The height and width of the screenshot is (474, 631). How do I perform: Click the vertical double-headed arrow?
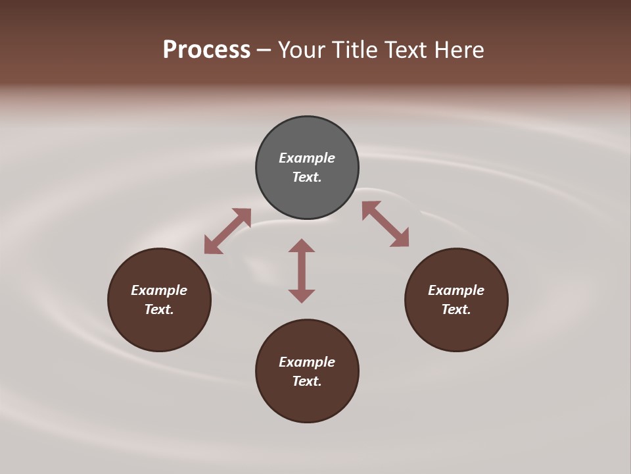coord(302,271)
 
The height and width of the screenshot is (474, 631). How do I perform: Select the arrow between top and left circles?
coord(227,231)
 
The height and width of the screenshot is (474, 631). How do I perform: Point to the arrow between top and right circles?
coord(385,224)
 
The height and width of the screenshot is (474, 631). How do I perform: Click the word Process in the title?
coord(206,49)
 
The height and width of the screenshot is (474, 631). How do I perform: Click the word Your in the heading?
coord(302,49)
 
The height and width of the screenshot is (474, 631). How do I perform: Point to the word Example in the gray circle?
coord(307,158)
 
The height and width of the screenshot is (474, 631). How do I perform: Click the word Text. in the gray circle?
coord(307,177)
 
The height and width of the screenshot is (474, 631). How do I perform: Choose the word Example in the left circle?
coord(159,290)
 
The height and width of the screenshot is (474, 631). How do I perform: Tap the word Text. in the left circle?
coord(159,309)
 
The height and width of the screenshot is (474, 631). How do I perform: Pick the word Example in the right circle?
coord(456,290)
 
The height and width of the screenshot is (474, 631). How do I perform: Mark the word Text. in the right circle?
coord(456,309)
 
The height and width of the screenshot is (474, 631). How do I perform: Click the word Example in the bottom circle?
coord(307,362)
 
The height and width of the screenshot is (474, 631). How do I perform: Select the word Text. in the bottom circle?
coord(307,381)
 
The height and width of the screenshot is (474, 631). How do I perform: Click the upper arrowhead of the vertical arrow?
coord(302,246)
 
